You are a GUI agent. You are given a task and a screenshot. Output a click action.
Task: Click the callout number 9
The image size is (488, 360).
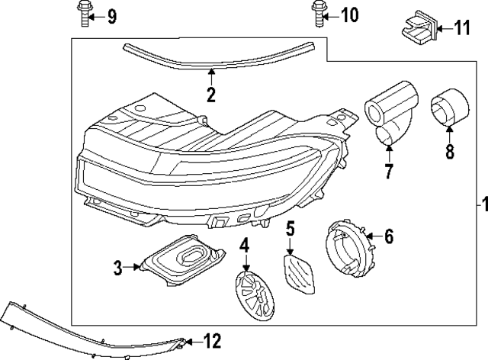(x=112, y=15)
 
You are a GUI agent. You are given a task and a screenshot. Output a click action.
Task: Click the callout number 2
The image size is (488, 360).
(x=211, y=95)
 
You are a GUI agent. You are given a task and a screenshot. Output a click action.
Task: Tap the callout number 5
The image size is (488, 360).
(x=291, y=227)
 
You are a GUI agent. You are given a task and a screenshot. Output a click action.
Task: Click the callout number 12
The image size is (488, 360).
(x=212, y=341)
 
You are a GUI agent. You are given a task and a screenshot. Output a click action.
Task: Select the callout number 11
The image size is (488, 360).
(x=463, y=28)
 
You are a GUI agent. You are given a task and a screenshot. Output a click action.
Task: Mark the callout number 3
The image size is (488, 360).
(x=118, y=267)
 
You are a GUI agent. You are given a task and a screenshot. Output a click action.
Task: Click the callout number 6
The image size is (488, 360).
(x=387, y=237)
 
